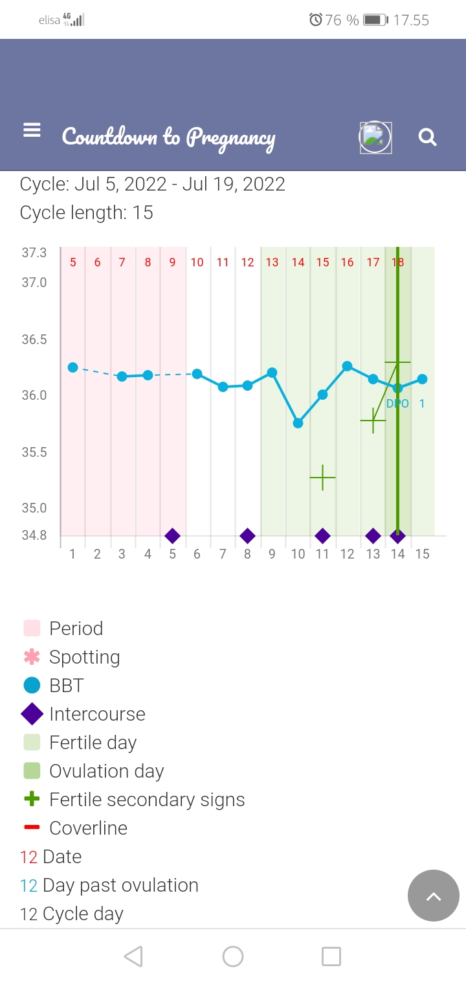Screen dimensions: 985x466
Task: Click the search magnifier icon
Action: coord(427,137)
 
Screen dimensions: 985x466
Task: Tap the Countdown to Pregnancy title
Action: coord(168,137)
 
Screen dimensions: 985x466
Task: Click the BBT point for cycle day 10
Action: coord(298,423)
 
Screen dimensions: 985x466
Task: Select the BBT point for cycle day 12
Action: coord(348,366)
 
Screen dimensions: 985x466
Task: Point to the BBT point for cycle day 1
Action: coord(72,367)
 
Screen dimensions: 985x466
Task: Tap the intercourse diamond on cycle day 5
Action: coord(172,536)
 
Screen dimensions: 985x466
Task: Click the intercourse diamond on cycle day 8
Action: coord(247,536)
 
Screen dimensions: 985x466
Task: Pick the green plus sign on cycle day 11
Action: coord(322,478)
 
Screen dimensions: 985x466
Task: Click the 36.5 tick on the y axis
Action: coord(34,340)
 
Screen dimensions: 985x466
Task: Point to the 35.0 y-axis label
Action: coord(34,508)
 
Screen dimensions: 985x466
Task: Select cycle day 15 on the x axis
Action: coord(422,554)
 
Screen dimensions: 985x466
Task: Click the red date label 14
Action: coord(298,262)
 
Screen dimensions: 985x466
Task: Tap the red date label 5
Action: coord(73,262)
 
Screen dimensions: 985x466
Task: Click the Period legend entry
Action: coord(76,629)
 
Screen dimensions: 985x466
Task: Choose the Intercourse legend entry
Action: coord(97,714)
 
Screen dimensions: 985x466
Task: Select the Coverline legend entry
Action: coord(88,828)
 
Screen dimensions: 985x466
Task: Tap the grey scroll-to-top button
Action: coord(433,896)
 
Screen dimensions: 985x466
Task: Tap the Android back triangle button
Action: coord(133,956)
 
